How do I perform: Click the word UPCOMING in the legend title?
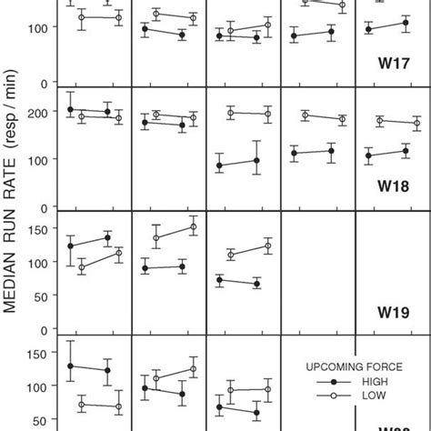[x=337, y=366]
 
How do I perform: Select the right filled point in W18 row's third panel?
[x=256, y=160]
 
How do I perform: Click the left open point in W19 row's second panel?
[x=155, y=238]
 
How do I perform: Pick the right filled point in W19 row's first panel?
[x=108, y=237]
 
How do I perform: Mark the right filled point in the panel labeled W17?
[x=406, y=24]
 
